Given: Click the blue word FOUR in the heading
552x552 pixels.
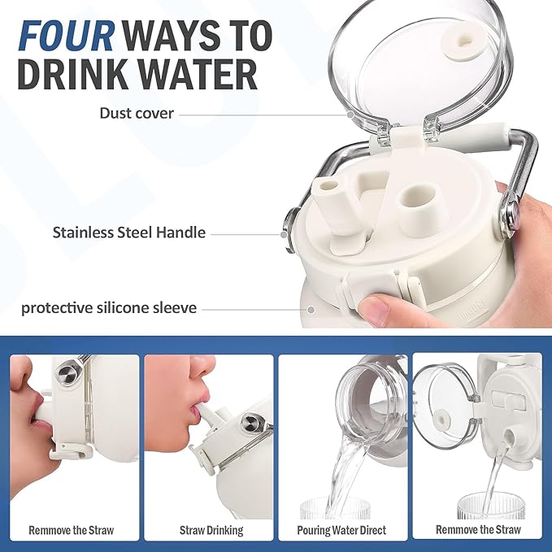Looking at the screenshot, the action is click(x=66, y=36).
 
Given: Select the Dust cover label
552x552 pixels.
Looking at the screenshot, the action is click(x=137, y=113).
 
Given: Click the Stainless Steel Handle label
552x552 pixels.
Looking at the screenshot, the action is click(x=128, y=233).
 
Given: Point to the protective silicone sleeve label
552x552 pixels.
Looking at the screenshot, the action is click(x=109, y=308).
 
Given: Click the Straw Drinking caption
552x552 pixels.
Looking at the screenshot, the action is click(x=211, y=530).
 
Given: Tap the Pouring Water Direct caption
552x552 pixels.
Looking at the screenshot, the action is click(x=341, y=530).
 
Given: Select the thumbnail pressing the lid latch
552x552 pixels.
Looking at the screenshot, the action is click(x=373, y=309).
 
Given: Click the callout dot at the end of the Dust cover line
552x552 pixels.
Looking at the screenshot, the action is click(x=350, y=115).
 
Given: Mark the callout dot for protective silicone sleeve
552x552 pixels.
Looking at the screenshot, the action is click(x=311, y=310).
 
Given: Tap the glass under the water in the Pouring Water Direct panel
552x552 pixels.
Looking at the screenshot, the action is click(x=334, y=508).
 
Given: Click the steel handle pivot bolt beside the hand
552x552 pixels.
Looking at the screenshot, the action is click(x=508, y=213).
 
